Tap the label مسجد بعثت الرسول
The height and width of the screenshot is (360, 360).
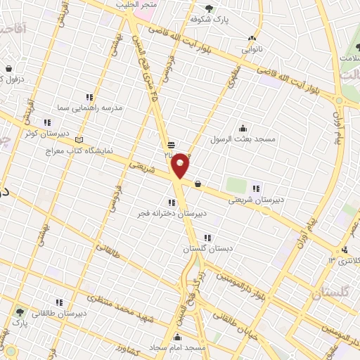[243, 140]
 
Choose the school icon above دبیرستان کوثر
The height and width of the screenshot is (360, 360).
[47, 121]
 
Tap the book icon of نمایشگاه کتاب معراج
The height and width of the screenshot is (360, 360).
[78, 139]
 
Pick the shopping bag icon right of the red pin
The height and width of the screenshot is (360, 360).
[198, 185]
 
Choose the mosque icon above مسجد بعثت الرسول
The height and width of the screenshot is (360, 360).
[243, 128]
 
